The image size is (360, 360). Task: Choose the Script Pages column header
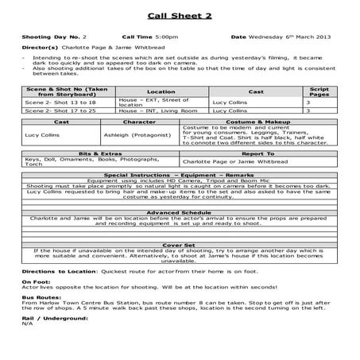tap(319, 92)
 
